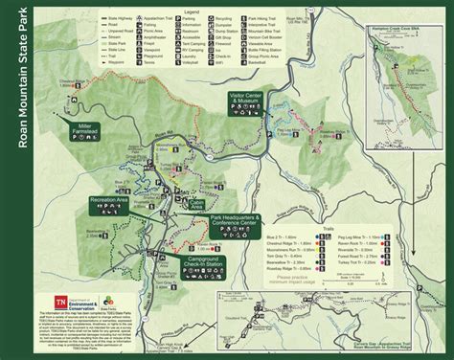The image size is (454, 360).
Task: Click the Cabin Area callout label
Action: coord(199,189)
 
